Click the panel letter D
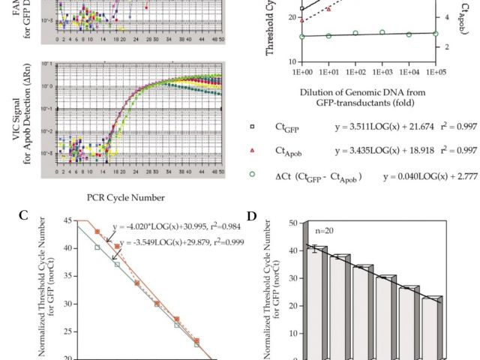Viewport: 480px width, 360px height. (252, 217)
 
